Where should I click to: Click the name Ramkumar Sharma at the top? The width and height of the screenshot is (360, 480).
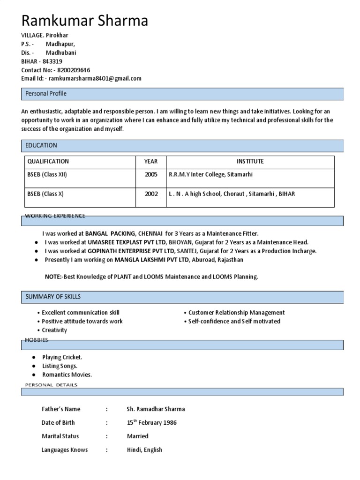click(x=85, y=20)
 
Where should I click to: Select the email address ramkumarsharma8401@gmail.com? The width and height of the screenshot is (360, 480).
click(x=95, y=78)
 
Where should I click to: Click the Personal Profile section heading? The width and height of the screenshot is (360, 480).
click(x=46, y=94)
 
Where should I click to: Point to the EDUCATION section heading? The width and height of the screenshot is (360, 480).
click(x=41, y=145)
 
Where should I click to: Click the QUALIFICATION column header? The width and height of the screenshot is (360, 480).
click(x=48, y=161)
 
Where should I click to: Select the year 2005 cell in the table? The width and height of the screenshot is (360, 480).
click(x=151, y=174)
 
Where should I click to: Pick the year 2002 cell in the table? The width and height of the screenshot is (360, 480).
click(x=151, y=194)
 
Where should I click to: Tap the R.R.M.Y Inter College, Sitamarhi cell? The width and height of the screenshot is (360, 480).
click(x=210, y=174)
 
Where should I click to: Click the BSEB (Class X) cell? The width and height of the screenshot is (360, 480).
click(x=45, y=194)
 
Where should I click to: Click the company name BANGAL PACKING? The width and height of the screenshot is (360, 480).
click(x=110, y=233)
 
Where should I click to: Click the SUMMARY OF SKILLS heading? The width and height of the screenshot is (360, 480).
click(x=53, y=297)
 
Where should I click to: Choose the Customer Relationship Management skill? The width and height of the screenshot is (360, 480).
click(x=236, y=313)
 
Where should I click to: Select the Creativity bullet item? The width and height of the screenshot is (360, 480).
click(x=54, y=330)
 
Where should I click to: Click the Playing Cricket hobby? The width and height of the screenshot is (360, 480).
click(x=62, y=357)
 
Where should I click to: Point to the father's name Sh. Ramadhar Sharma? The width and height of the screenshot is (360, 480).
click(x=156, y=409)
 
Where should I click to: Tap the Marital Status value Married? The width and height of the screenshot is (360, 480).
click(x=137, y=436)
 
